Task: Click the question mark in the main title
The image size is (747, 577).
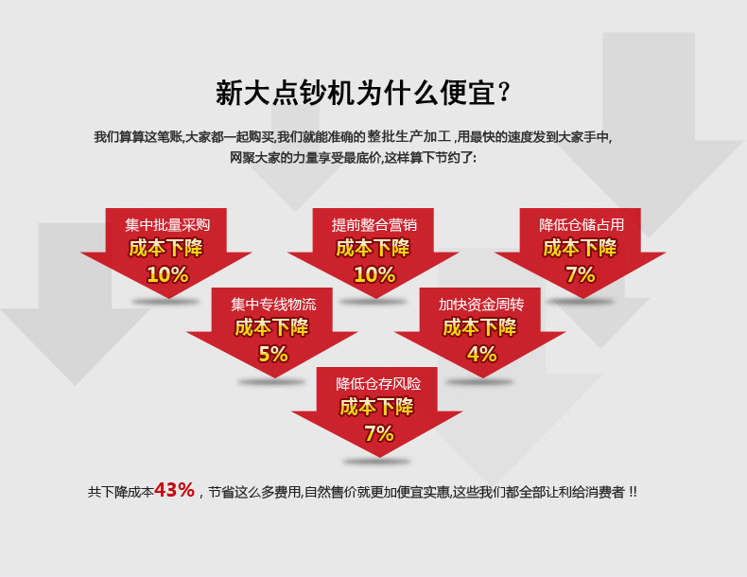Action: pos(504,93)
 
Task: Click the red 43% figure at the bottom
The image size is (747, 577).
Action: pos(174,490)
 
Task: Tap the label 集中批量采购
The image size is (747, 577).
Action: pos(167,224)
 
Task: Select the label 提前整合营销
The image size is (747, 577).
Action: pos(374,224)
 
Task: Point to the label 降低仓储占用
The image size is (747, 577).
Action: pos(582,224)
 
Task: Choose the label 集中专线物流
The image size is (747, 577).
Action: pos(273,304)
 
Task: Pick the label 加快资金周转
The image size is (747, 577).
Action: pos(480,304)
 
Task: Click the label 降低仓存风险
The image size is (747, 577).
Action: pos(378,383)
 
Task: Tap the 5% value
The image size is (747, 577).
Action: pos(273,354)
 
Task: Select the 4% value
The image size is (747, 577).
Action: pos(481,354)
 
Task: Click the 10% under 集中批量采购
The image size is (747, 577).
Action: pos(167,274)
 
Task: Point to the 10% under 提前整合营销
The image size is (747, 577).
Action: pos(375,274)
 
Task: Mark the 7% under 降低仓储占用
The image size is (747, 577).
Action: pos(581,274)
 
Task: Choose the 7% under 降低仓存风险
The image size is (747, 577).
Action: pos(379,433)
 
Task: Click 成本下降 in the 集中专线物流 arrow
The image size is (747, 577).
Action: pos(272,328)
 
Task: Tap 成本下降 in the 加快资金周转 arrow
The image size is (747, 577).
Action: pos(479,328)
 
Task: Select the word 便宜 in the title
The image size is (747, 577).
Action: pos(467,93)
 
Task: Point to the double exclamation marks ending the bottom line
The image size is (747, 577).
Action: pos(633,492)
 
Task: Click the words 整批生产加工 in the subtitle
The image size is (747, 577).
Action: pos(408,137)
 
